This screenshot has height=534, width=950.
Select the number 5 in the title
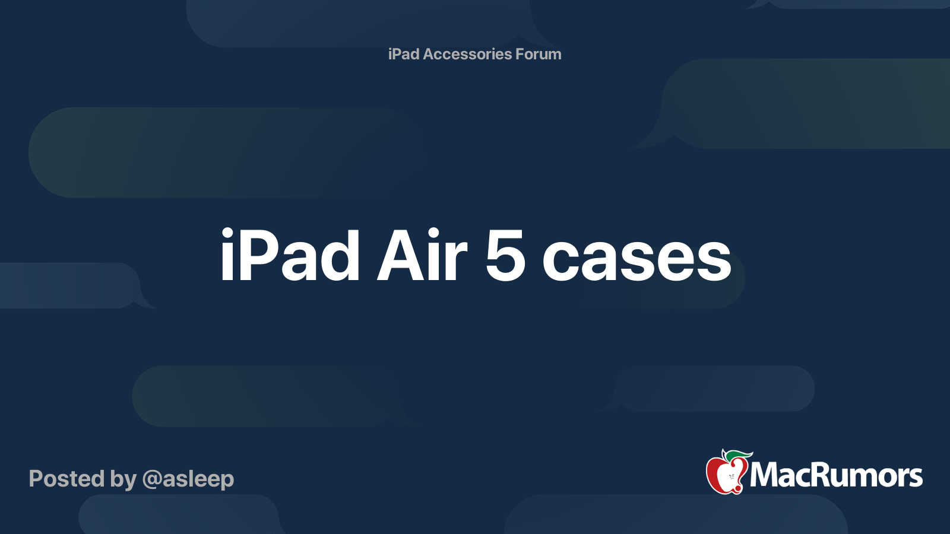[505, 256]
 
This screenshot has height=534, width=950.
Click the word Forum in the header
[538, 54]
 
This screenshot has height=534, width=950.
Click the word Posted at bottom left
[66, 478]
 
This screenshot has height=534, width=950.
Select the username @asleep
[188, 480]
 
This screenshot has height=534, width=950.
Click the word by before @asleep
[123, 480]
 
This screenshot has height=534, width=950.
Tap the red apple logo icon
[727, 473]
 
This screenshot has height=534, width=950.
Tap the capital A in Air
[397, 256]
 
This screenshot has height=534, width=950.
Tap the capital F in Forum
[520, 54]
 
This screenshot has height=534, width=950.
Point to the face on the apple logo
[732, 477]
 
